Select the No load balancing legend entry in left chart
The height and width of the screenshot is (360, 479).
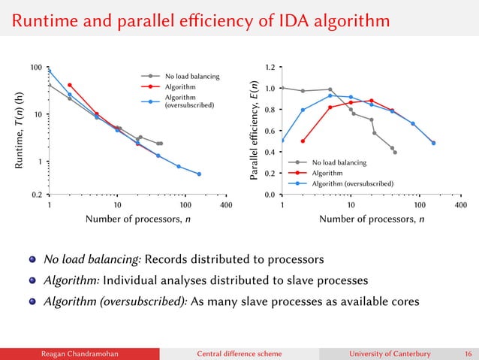(x=192, y=76)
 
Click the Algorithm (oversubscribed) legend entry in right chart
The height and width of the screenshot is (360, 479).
(x=354, y=183)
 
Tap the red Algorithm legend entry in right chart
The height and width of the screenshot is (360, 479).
(x=331, y=173)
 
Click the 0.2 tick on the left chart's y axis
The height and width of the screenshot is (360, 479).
(x=35, y=194)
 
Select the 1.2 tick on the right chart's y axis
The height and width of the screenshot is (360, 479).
(x=268, y=68)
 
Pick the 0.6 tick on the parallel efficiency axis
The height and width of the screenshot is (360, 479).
(x=268, y=131)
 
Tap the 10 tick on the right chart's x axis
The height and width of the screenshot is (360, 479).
(x=351, y=204)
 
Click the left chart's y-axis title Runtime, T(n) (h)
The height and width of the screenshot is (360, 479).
(x=17, y=131)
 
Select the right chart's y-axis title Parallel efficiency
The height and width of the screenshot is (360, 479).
(x=253, y=131)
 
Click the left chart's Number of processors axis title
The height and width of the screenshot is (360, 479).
(x=137, y=219)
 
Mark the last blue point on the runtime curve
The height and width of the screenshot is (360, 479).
(x=199, y=174)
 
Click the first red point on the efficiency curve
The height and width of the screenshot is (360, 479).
(x=303, y=141)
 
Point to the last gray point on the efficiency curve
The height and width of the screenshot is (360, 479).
(x=395, y=153)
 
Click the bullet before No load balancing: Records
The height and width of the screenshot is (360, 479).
(x=33, y=260)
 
